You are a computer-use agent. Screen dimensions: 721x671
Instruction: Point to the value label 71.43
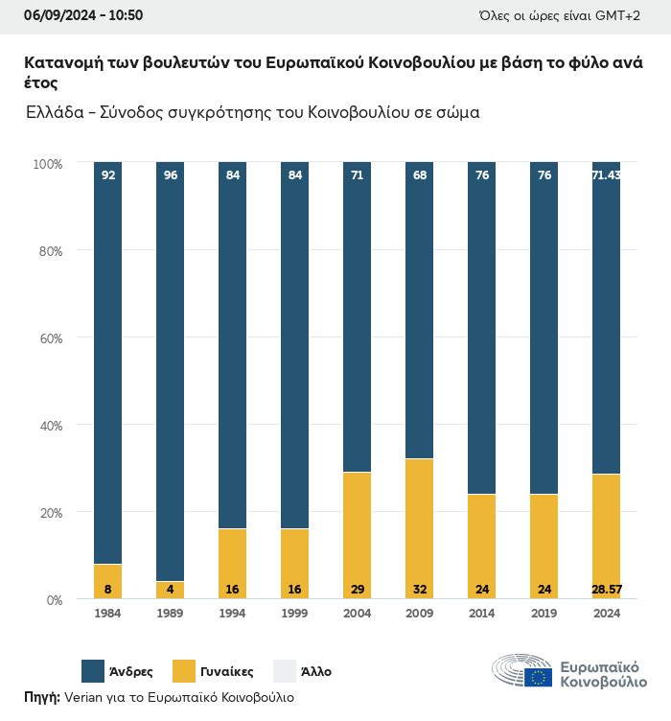tap(606, 175)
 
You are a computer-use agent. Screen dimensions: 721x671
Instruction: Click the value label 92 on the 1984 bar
tap(107, 175)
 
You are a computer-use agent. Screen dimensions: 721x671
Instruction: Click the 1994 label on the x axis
tap(232, 614)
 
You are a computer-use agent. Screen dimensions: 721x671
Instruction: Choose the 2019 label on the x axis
tap(544, 614)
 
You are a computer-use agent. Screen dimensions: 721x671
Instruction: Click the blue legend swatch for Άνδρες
tap(93, 671)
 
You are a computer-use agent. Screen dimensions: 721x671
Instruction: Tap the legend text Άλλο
tap(316, 671)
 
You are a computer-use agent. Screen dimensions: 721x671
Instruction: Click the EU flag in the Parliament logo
tap(538, 677)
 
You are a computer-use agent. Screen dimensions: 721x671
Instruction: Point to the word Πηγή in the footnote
tap(42, 697)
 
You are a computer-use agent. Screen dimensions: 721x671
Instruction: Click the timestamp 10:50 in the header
tap(126, 15)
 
